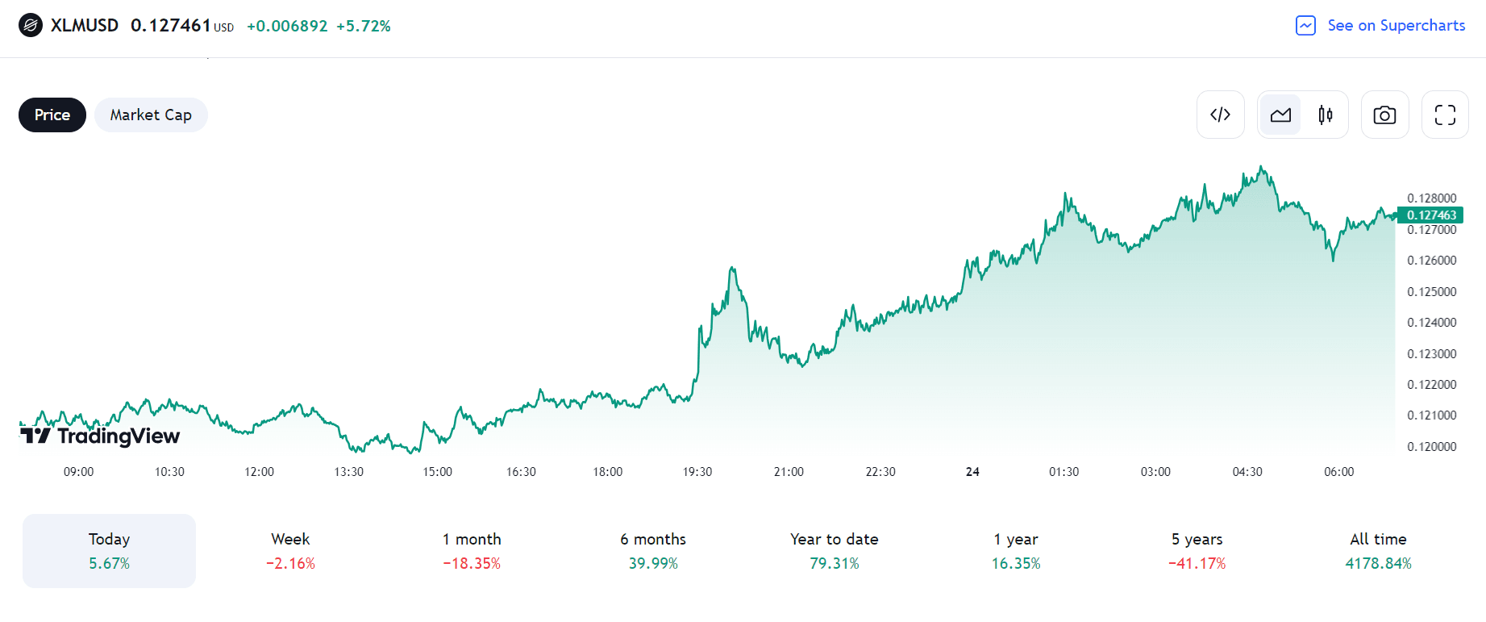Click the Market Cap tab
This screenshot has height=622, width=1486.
tap(151, 115)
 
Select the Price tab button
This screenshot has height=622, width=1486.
tap(52, 115)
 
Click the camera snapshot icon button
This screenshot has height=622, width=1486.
tap(1384, 115)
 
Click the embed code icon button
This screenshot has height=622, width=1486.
tap(1220, 115)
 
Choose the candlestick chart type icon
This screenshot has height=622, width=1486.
tap(1325, 115)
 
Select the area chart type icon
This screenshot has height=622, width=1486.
tap(1280, 115)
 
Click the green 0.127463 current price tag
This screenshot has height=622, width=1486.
tap(1431, 215)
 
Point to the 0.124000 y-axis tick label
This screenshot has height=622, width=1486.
tap(1431, 323)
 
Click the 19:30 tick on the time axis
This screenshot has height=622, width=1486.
tap(697, 472)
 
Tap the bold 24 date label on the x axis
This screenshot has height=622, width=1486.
tap(972, 472)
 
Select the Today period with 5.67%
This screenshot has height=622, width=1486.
tap(109, 551)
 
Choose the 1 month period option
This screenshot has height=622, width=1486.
tap(472, 551)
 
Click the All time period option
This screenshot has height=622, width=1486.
tap(1378, 551)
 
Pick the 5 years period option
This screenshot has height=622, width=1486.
tap(1197, 551)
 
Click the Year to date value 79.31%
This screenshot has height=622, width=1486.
tap(834, 564)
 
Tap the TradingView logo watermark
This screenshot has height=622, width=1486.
tap(101, 436)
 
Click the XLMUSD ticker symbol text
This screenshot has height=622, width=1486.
tap(84, 26)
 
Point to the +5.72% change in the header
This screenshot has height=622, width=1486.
tap(364, 27)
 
